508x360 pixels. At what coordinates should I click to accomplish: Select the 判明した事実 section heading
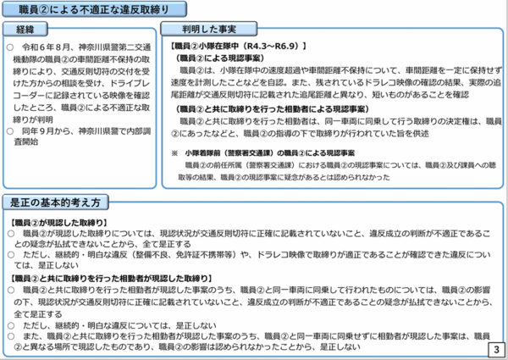(x=203, y=31)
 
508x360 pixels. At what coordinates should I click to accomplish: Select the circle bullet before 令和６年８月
(x=9, y=47)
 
